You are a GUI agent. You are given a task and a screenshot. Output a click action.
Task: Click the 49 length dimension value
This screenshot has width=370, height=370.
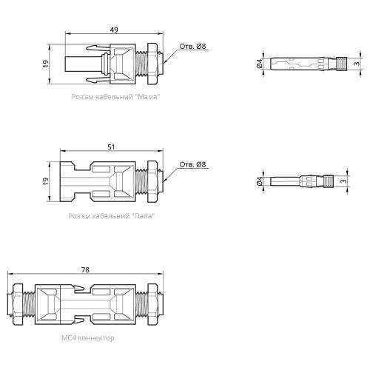pos(114,30)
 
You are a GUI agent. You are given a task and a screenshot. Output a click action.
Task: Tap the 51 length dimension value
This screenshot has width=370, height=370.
pos(111,147)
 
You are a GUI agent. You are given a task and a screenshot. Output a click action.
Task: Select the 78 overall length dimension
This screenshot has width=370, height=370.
pos(85,270)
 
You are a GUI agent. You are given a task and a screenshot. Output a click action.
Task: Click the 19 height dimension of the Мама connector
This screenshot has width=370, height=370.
pos(46,64)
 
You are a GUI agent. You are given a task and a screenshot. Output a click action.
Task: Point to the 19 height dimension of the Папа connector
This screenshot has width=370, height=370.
pos(46,181)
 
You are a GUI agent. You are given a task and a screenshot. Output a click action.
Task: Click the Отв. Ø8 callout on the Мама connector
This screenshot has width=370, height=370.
pos(192,47)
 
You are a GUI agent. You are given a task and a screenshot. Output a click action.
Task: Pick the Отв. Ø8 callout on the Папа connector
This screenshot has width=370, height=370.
pos(192,164)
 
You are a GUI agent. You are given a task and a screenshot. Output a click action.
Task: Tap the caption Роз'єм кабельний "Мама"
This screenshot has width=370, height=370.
pos(115,97)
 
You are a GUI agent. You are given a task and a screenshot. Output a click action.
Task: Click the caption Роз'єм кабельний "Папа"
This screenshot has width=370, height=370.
pos(112,216)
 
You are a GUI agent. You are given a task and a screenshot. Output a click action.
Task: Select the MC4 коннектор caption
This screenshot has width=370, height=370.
pos(88,337)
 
